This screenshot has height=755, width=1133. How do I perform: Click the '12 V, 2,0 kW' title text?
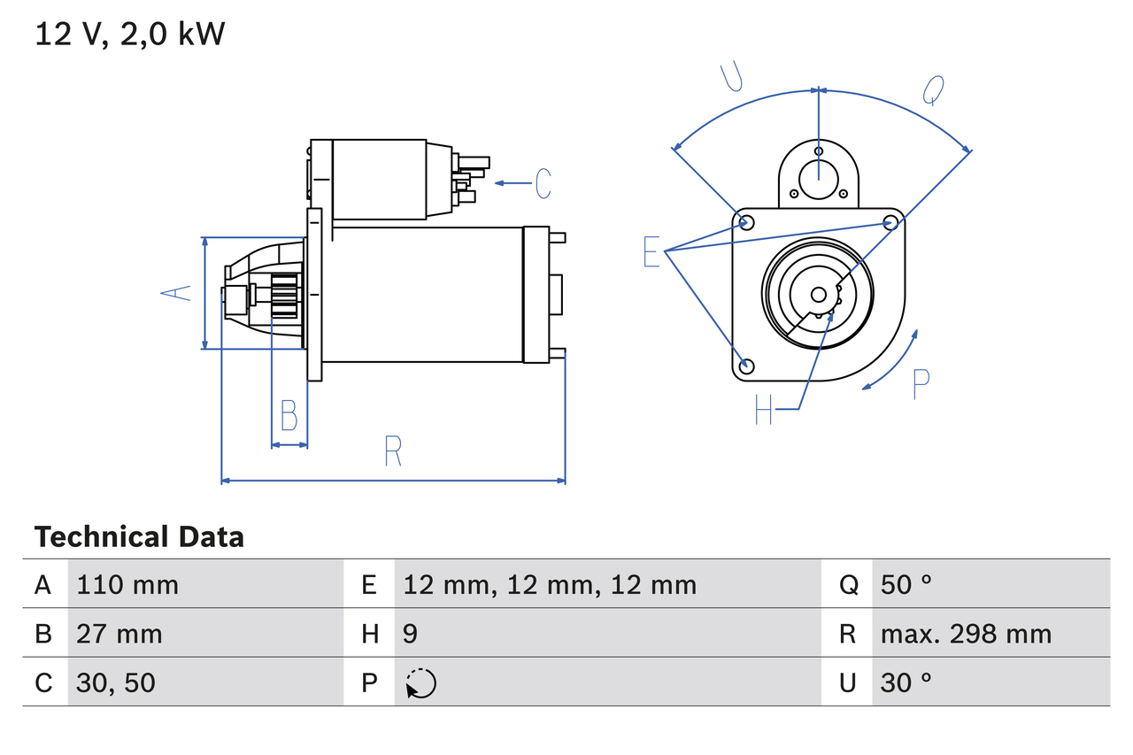point(130,35)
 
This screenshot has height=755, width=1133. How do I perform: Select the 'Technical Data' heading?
point(139,537)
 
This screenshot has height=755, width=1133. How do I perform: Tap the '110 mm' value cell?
point(127,584)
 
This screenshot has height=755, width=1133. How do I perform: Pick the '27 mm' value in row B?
point(119,634)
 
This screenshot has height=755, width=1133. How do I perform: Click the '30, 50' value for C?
point(116,682)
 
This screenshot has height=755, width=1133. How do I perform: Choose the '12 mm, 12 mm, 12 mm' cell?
point(550,584)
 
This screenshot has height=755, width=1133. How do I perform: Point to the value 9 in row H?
point(411,634)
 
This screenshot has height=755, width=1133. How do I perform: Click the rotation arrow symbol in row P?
point(421,683)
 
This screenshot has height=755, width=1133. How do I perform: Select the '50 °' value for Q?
point(906,584)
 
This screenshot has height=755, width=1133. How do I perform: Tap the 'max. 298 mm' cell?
point(966,634)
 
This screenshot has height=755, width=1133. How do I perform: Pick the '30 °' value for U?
point(906,682)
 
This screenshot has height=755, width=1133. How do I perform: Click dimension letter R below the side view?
point(393,451)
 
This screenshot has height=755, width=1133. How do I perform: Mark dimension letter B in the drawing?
point(289,415)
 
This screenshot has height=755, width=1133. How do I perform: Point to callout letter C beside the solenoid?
point(543,183)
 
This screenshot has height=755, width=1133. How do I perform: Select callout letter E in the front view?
point(651,252)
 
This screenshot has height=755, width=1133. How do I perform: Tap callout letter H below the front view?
point(764,409)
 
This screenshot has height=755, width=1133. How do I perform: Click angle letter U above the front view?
point(731,77)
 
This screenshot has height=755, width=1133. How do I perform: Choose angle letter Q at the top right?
point(933,89)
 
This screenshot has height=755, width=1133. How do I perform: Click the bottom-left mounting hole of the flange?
point(747,366)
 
